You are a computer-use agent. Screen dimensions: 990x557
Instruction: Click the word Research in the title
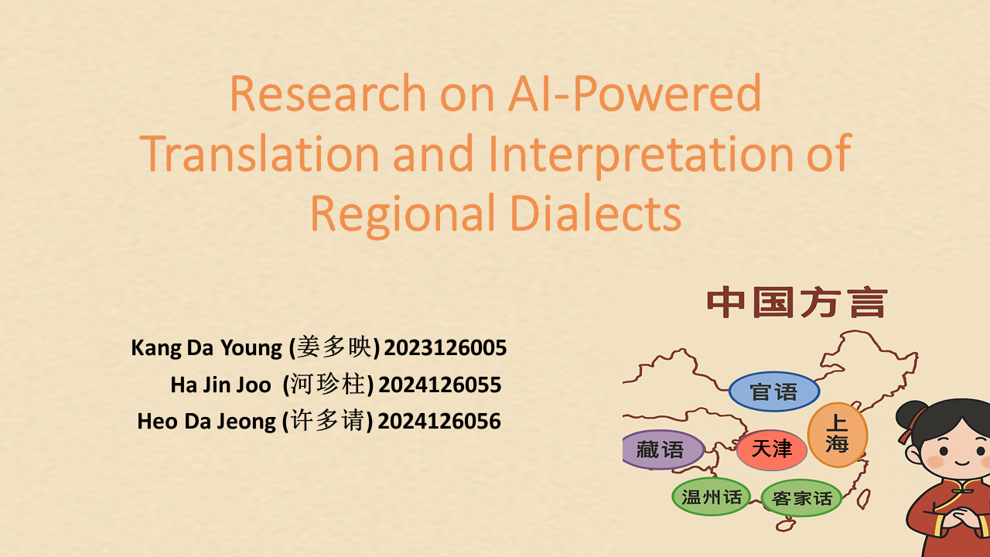(328, 94)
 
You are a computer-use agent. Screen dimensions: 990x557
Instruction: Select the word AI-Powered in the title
(635, 94)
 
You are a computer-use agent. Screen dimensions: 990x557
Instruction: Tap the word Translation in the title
(259, 153)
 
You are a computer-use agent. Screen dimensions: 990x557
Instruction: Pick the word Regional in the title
(403, 217)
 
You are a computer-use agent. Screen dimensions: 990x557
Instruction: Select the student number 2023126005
(445, 347)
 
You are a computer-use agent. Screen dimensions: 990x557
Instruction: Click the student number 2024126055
(440, 384)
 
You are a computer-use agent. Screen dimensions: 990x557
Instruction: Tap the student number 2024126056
(439, 421)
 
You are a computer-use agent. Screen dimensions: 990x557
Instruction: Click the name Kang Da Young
(207, 348)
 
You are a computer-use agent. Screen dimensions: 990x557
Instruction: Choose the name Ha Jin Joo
(220, 385)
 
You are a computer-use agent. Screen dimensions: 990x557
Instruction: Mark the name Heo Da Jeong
(207, 422)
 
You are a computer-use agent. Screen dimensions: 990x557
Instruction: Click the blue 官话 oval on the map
(774, 391)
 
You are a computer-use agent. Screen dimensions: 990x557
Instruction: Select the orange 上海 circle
(838, 435)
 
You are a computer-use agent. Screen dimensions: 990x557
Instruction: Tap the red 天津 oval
(772, 449)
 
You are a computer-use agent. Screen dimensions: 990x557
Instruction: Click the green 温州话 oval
(711, 497)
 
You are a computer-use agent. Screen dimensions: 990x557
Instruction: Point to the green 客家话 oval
(801, 498)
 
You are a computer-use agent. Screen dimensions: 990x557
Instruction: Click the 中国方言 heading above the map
(797, 302)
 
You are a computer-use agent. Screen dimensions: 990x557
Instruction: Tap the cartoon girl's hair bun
(910, 414)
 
